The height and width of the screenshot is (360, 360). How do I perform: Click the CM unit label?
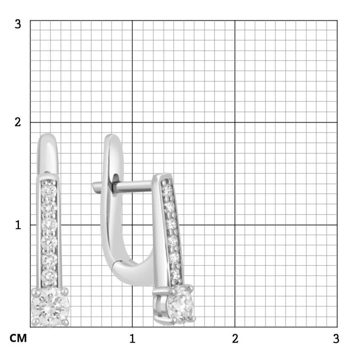(18, 338)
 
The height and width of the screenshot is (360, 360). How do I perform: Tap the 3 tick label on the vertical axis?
(18, 24)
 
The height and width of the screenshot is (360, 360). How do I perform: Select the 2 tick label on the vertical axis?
(18, 122)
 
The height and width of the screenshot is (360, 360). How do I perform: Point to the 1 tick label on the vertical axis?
(18, 225)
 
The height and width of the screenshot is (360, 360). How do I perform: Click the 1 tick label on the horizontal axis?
(132, 338)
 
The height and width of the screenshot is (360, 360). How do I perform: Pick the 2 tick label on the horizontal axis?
(235, 338)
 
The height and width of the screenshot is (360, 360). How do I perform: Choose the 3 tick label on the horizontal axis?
(336, 338)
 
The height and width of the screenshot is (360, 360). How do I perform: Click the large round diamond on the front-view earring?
(50, 307)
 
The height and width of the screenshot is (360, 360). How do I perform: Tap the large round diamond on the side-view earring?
(180, 304)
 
